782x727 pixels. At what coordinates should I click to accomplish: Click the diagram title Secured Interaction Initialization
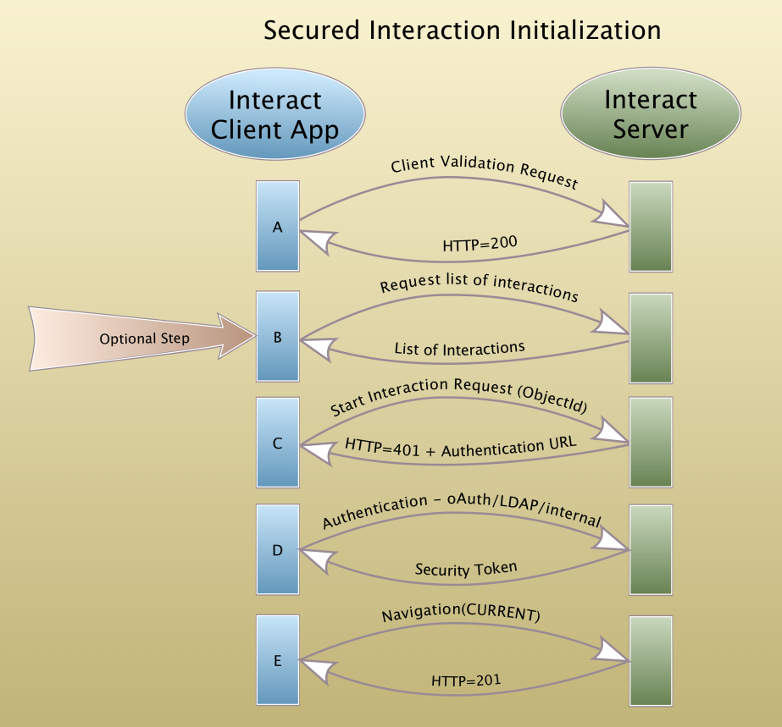click(x=463, y=30)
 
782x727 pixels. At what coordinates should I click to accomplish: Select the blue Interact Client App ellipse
click(x=275, y=113)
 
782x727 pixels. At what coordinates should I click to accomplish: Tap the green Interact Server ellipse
click(x=651, y=113)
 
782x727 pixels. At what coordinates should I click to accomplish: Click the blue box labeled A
click(x=278, y=226)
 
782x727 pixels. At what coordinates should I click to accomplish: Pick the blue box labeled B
click(x=278, y=337)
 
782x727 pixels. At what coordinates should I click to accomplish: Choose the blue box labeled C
click(x=278, y=443)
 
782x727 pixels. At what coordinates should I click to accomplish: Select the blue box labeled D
click(x=278, y=549)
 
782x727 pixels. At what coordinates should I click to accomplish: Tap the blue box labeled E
click(x=278, y=660)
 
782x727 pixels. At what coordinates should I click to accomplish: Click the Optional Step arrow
click(x=142, y=339)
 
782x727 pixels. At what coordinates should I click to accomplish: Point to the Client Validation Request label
click(x=485, y=171)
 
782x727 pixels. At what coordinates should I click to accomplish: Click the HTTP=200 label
click(x=480, y=244)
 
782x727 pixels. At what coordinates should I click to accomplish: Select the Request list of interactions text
click(x=479, y=287)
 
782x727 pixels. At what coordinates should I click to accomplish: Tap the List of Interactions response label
click(x=459, y=349)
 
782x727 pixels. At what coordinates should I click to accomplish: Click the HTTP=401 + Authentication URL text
click(x=460, y=447)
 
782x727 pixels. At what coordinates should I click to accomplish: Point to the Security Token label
click(x=466, y=569)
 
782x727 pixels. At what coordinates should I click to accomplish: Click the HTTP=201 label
click(x=466, y=680)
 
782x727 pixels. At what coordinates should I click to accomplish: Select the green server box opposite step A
click(x=651, y=227)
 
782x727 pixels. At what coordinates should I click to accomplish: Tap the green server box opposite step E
click(x=651, y=661)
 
